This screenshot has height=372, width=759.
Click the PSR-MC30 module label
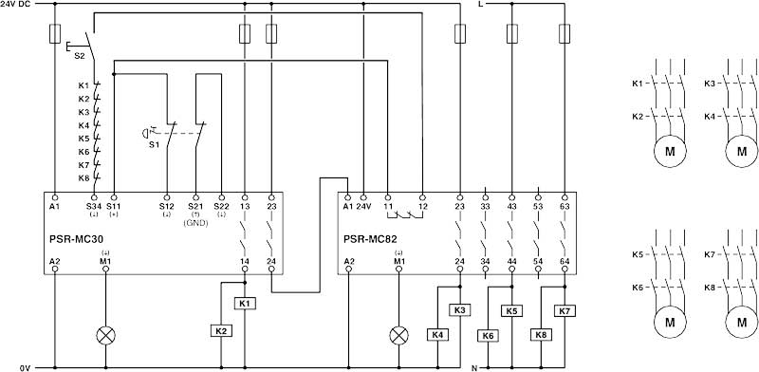pos(75,231)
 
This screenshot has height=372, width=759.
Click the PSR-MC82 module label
pos(372,231)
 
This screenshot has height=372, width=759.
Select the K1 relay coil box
pos(246,304)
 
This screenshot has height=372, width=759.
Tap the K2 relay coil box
pos(219,331)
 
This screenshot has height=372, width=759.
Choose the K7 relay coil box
pos(566,310)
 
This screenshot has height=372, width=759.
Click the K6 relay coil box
pos(489,334)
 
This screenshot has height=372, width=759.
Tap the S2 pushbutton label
pos(80,56)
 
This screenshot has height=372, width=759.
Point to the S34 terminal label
pos(93,205)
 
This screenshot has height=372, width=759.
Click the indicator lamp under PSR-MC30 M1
pos(104,334)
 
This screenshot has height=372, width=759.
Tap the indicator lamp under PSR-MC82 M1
pos(400,334)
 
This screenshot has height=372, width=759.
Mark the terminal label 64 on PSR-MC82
pos(566,260)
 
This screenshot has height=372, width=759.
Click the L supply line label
pos(480,6)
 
